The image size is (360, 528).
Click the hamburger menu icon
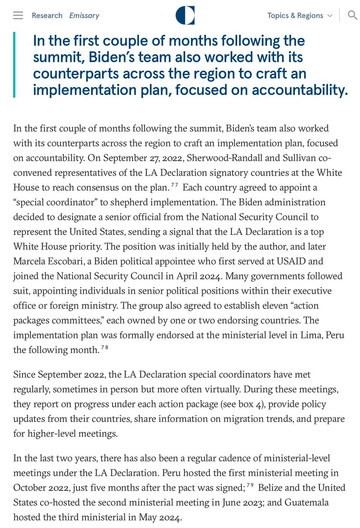pyautogui.click(x=18, y=15)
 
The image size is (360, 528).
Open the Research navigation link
pyautogui.click(x=47, y=15)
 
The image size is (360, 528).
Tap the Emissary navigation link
pyautogui.click(x=84, y=15)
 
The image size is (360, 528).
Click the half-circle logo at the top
pyautogui.click(x=185, y=15)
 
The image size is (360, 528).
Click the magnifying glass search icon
pyautogui.click(x=352, y=15)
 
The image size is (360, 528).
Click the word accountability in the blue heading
pyautogui.click(x=298, y=90)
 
